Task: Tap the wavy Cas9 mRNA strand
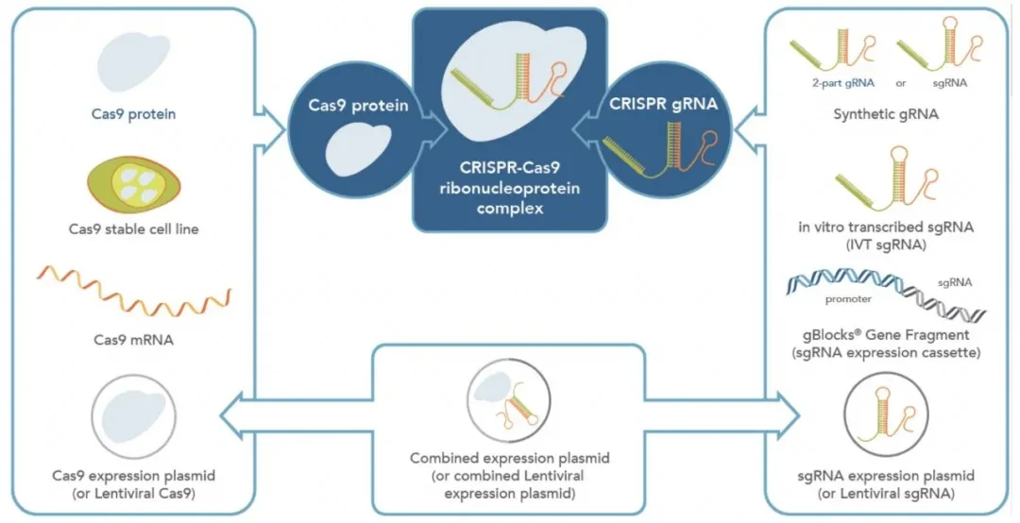coord(134,288)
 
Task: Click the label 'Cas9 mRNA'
coord(134,340)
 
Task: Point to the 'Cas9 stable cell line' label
coord(134,229)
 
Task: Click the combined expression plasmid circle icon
coord(509,400)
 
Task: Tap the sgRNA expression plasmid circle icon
coord(885,413)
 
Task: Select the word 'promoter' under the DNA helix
coord(848,299)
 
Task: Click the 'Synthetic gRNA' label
coord(885,114)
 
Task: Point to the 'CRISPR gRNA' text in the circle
coord(663,104)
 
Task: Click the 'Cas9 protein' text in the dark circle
coord(359,106)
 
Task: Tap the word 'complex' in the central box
coord(510,209)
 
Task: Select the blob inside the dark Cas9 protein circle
coord(358,149)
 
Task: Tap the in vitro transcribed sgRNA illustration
coord(887,176)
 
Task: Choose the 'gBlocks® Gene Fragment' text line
coord(886,336)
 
